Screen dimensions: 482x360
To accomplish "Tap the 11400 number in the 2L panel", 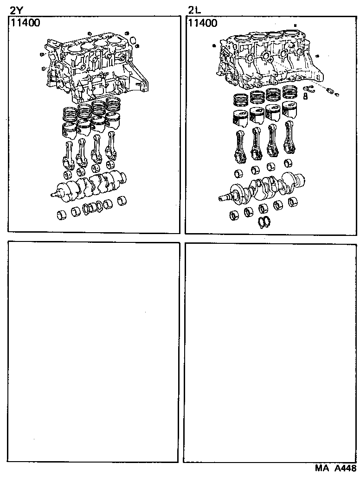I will tap(202, 23).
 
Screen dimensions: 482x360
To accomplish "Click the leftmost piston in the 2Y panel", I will tap(67, 129).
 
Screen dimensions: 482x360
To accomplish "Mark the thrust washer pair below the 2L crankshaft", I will tap(264, 222).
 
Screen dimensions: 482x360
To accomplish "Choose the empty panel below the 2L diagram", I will tap(271, 352).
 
